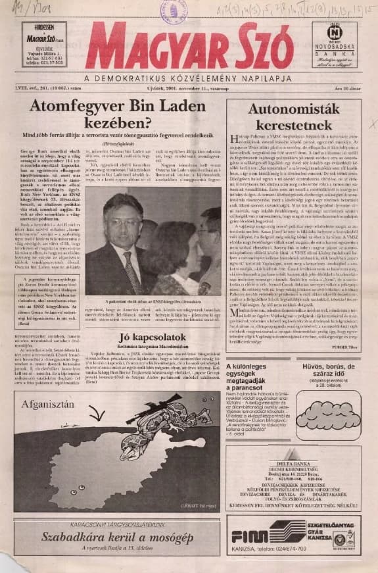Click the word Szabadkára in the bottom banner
pyautogui.click(x=72, y=536)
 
